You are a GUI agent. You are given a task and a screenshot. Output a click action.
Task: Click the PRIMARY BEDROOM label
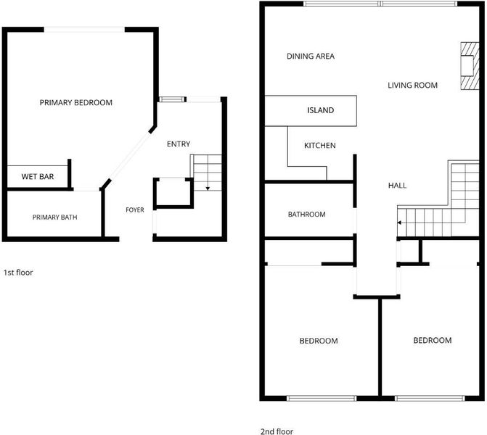point(76,103)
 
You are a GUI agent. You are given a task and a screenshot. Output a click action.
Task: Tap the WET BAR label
point(38,177)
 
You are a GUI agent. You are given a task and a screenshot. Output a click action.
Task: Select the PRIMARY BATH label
point(55,217)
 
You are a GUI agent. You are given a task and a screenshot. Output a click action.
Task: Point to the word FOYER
point(135,210)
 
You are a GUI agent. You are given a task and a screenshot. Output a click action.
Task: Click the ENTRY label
point(179,144)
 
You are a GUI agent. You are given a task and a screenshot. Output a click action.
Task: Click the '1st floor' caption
point(18,273)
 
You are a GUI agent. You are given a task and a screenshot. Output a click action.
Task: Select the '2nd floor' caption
point(277,431)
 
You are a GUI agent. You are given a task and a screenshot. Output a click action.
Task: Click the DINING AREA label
point(311,56)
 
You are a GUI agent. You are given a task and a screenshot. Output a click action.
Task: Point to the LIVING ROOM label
point(413,86)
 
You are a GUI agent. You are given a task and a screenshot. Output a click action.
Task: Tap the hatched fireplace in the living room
point(470,66)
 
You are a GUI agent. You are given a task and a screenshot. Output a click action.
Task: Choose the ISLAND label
point(321,110)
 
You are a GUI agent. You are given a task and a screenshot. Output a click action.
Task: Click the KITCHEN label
point(320,146)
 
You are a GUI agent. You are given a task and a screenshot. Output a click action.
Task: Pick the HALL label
point(398,186)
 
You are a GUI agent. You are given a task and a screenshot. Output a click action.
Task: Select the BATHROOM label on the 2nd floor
point(307,215)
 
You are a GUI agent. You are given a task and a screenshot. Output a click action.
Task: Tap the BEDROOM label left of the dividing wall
point(319,341)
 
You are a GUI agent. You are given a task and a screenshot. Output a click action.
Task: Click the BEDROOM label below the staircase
point(433,340)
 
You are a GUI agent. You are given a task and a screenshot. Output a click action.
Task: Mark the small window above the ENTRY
point(173,99)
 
